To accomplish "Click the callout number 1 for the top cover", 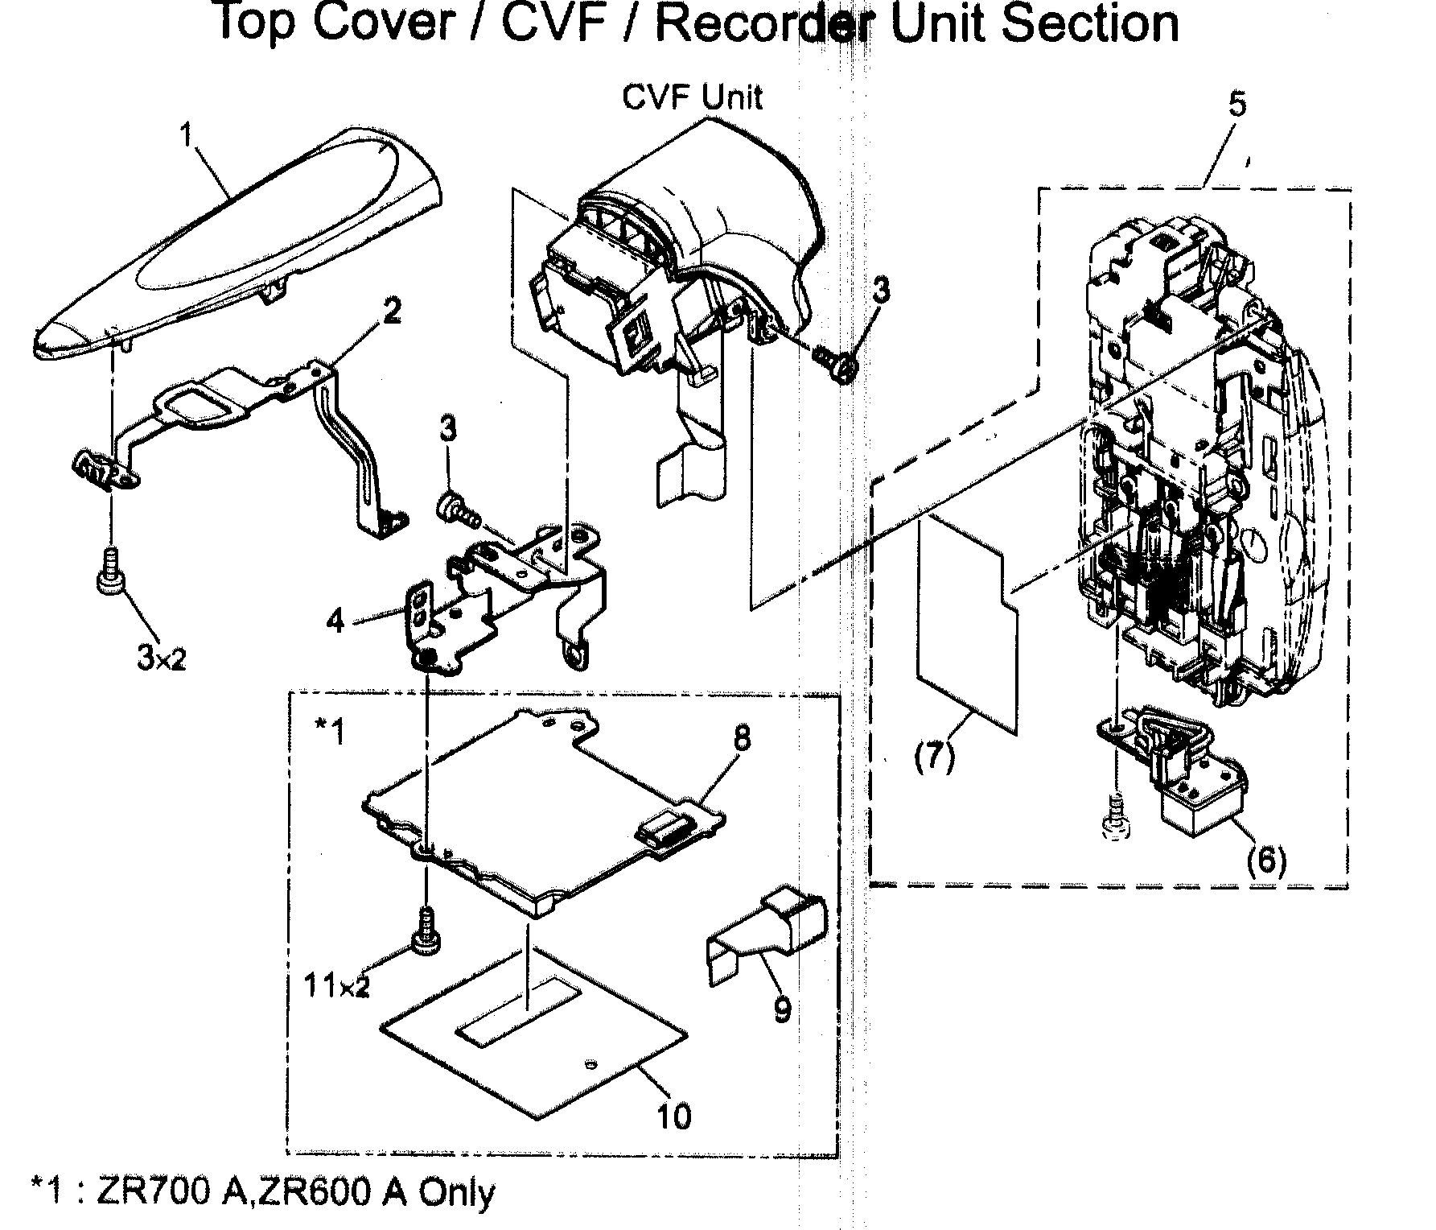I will click(x=187, y=136).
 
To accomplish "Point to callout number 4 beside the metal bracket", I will click(x=335, y=621).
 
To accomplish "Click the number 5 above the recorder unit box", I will click(x=1236, y=105).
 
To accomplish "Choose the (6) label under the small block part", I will click(x=1265, y=861).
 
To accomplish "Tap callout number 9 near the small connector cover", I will click(x=781, y=1008).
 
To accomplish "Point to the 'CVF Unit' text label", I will click(x=692, y=98).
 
